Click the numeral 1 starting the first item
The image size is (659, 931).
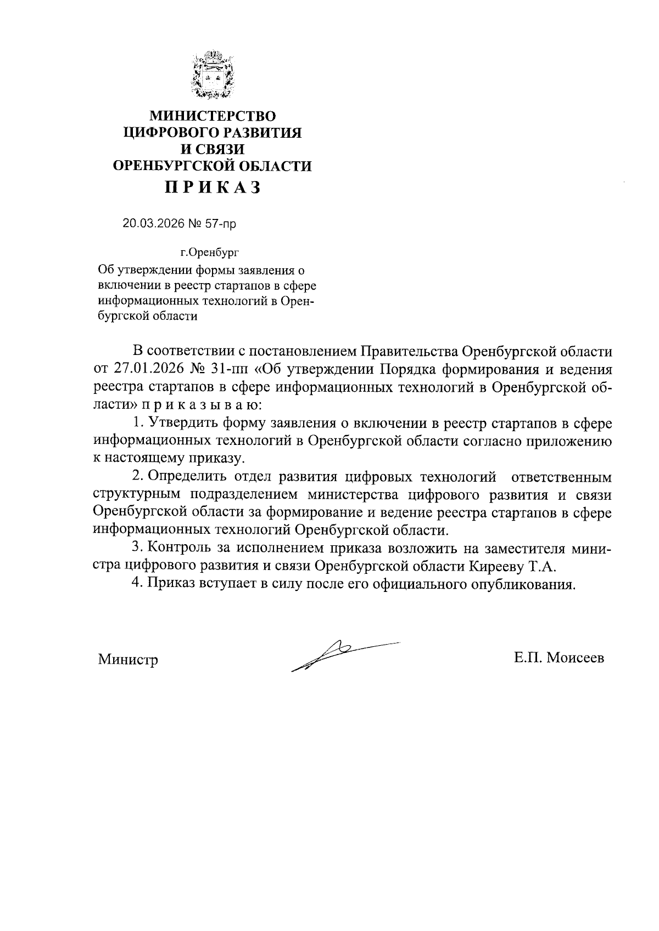138,424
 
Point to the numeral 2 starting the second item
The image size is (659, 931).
138,477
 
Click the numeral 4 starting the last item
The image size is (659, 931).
138,583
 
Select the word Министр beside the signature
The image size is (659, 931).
128,659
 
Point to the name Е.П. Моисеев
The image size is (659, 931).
559,658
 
